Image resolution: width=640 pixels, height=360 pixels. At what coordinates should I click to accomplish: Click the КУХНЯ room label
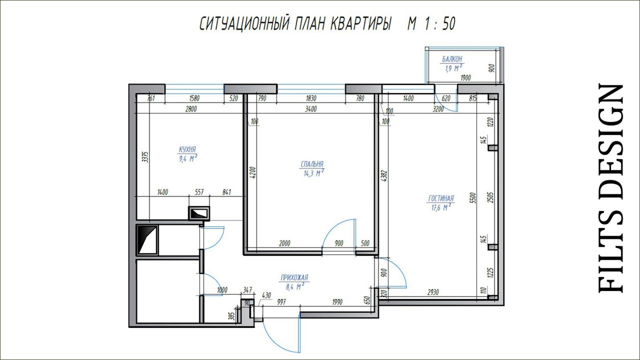point(187,149)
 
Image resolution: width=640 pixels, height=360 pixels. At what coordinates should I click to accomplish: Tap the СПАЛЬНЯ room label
point(312,164)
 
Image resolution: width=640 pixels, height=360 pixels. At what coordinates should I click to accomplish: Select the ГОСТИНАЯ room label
point(441,198)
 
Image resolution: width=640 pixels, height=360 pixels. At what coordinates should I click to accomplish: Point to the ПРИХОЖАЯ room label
point(294,277)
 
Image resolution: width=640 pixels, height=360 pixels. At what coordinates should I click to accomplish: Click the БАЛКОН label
point(452,59)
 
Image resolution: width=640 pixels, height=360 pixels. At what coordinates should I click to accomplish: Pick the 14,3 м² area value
point(314,173)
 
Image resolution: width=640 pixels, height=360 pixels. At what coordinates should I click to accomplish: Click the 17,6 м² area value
point(441,207)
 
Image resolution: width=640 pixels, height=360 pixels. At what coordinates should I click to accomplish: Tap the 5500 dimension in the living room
point(473,198)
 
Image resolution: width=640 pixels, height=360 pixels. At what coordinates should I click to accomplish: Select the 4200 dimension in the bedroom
point(253,173)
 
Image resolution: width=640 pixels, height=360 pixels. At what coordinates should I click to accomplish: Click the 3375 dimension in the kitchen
point(145,157)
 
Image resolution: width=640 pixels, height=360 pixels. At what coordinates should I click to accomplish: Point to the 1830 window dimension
point(311,98)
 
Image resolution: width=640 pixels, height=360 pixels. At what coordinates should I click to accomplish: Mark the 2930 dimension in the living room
point(433,292)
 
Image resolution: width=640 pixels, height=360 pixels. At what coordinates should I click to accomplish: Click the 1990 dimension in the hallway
point(337,302)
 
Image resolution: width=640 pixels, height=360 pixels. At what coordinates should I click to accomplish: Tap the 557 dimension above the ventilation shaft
point(199,192)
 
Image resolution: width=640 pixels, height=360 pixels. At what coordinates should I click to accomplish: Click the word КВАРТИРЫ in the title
point(360,24)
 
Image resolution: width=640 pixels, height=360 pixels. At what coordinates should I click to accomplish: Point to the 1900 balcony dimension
point(466,78)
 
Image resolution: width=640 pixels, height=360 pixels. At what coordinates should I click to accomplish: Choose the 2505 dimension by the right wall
point(491,197)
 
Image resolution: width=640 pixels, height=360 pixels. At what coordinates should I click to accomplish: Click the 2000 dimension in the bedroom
point(285,243)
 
